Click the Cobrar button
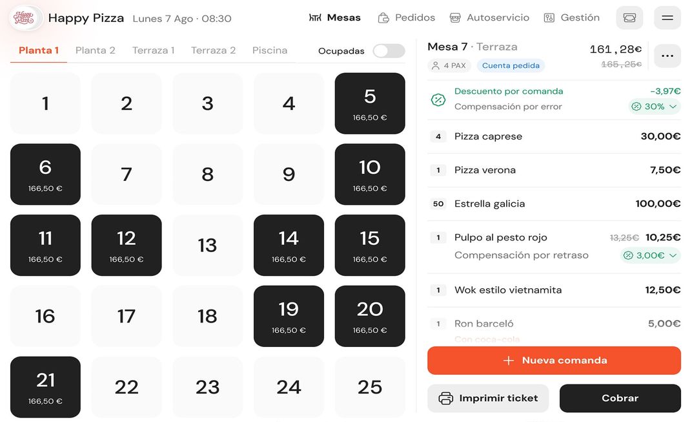(x=620, y=398)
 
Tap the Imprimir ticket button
(x=488, y=398)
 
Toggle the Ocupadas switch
(x=389, y=51)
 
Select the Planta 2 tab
(x=96, y=50)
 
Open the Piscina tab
(x=270, y=50)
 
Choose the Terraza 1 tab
(x=154, y=50)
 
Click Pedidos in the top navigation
(x=407, y=17)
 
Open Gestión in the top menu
(x=572, y=17)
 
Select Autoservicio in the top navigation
(x=489, y=17)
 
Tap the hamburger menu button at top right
(x=667, y=17)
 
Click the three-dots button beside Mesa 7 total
(x=667, y=56)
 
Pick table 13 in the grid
(x=207, y=246)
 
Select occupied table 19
(x=289, y=316)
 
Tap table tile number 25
(x=370, y=387)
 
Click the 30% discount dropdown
(x=655, y=107)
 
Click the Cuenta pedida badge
(x=511, y=65)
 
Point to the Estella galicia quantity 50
(x=438, y=204)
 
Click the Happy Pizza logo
(x=25, y=17)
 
